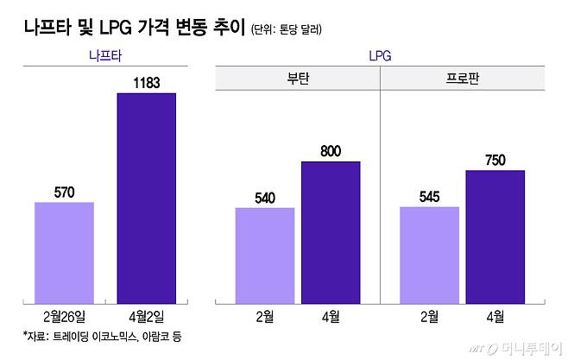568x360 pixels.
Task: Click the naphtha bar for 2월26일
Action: (x=64, y=252)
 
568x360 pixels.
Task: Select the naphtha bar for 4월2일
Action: (x=146, y=198)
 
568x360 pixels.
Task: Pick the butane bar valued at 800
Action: (x=331, y=231)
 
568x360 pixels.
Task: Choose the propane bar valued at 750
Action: (x=495, y=236)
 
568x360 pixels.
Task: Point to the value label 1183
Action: (x=146, y=81)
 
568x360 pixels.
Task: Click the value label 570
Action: (x=64, y=192)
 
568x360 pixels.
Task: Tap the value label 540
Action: (x=265, y=197)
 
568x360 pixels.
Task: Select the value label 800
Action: (x=331, y=151)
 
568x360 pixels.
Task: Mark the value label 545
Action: (x=429, y=197)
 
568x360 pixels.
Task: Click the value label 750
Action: (x=495, y=160)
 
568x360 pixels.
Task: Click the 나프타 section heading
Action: (x=105, y=56)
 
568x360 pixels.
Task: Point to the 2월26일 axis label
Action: (x=64, y=316)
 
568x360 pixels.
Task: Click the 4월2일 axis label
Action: (x=146, y=316)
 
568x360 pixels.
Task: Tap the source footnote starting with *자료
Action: (x=104, y=335)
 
